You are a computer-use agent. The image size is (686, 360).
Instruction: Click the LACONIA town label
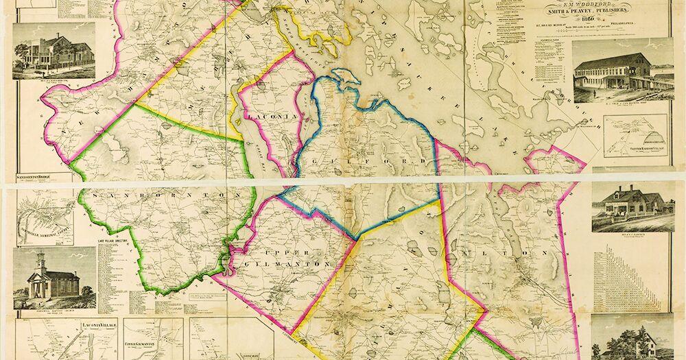pyautogui.click(x=274, y=117)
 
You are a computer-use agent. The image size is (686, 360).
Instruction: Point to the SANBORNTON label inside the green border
pyautogui.click(x=161, y=195)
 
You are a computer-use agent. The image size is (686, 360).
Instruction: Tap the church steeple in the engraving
pyautogui.click(x=40, y=263)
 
